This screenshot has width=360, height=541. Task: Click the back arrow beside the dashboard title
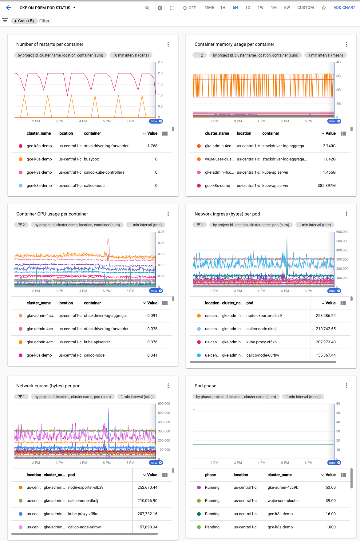(9, 8)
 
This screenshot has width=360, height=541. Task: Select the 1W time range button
(260, 8)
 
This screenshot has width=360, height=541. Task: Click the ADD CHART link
(344, 8)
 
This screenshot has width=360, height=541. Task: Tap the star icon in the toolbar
(324, 8)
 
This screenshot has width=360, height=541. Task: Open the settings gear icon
(160, 8)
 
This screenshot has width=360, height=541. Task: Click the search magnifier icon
(148, 8)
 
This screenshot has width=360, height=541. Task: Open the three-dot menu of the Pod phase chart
(346, 386)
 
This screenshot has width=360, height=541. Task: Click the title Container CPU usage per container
(52, 214)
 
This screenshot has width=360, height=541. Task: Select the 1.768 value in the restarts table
(152, 146)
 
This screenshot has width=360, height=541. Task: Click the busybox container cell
(91, 159)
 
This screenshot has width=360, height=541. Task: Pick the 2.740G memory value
(329, 146)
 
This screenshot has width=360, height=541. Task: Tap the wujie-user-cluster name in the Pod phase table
(283, 501)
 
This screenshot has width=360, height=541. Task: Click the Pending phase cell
(212, 527)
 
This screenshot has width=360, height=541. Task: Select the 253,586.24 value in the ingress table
(326, 316)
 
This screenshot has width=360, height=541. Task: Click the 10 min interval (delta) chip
(131, 55)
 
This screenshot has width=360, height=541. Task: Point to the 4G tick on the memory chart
(338, 62)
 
